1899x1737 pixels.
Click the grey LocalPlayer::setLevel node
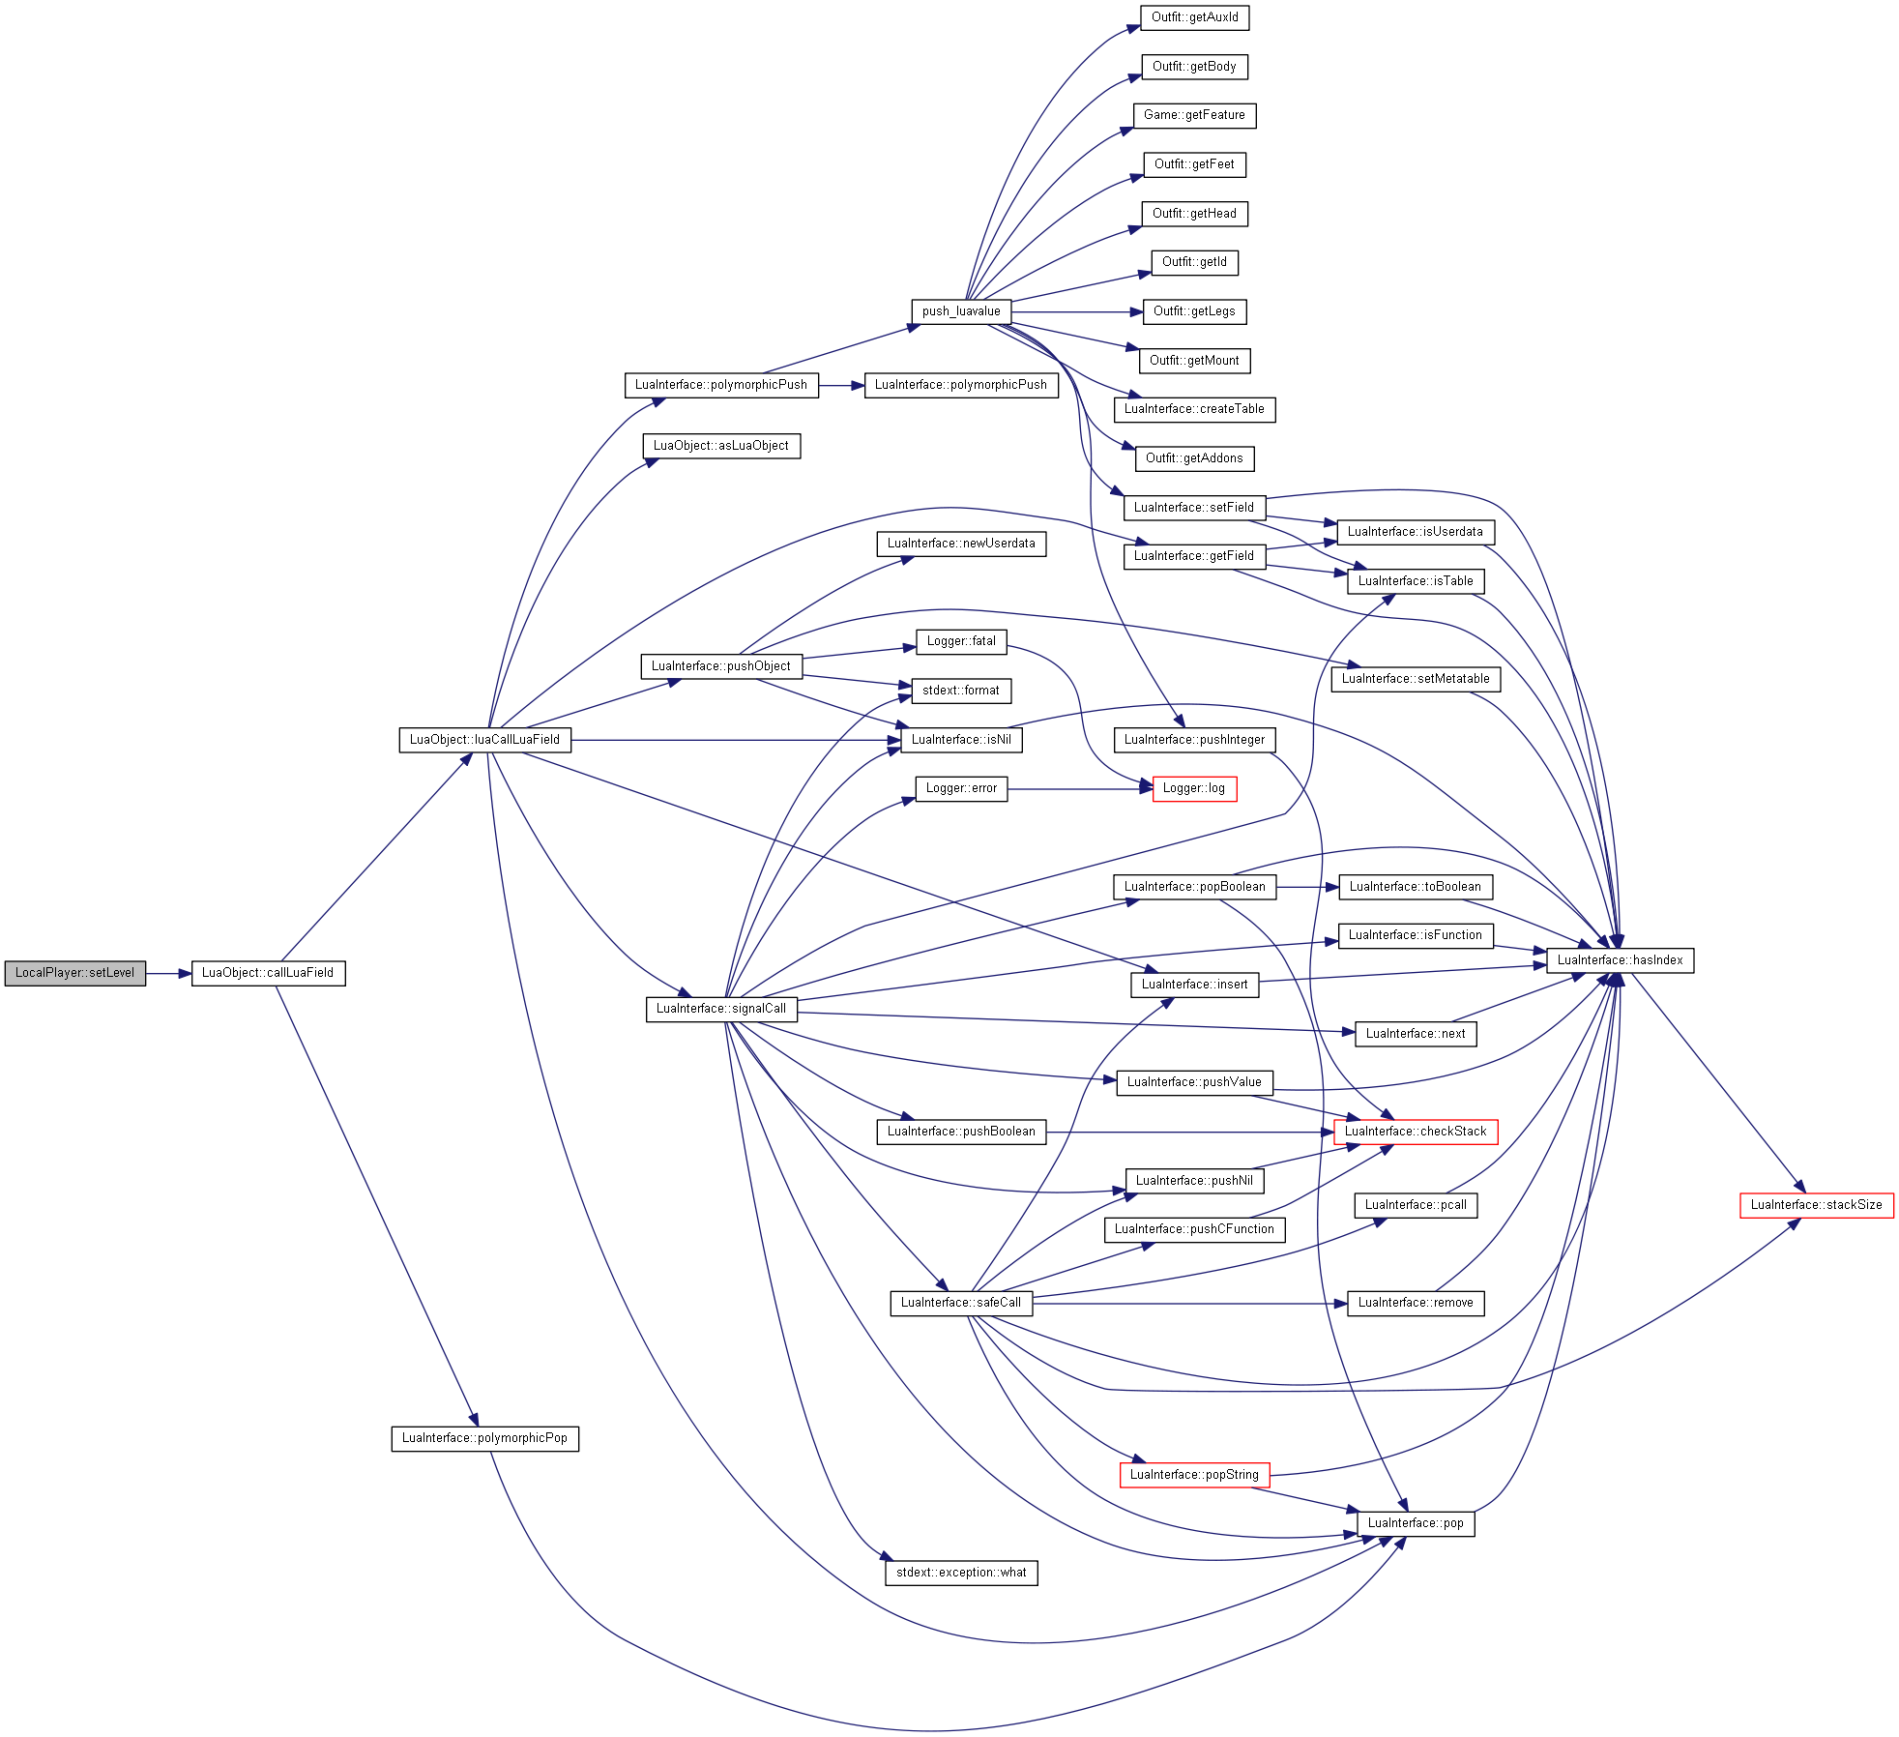(x=75, y=973)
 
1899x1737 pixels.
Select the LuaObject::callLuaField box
(x=268, y=973)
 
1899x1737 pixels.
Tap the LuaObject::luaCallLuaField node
(x=484, y=740)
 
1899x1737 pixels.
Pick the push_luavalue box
(x=961, y=311)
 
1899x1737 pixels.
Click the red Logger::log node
(x=1194, y=788)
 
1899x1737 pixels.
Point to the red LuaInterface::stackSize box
(x=1816, y=1205)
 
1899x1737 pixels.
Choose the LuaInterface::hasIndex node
(x=1620, y=960)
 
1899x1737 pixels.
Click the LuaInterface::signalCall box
(x=721, y=1009)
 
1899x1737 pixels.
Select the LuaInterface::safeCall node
(x=961, y=1303)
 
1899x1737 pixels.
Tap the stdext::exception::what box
(x=961, y=1573)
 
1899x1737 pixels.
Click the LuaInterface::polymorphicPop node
(x=484, y=1438)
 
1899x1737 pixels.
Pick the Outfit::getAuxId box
(x=1194, y=17)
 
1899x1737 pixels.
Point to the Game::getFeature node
(x=1194, y=115)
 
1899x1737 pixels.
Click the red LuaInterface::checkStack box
(x=1416, y=1132)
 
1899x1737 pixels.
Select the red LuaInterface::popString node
(x=1194, y=1475)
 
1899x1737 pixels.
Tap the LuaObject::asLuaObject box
(x=721, y=446)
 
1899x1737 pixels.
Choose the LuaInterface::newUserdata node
(x=961, y=544)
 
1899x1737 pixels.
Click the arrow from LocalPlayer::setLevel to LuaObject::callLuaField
(x=168, y=974)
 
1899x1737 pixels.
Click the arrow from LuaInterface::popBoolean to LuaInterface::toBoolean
(x=1307, y=887)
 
